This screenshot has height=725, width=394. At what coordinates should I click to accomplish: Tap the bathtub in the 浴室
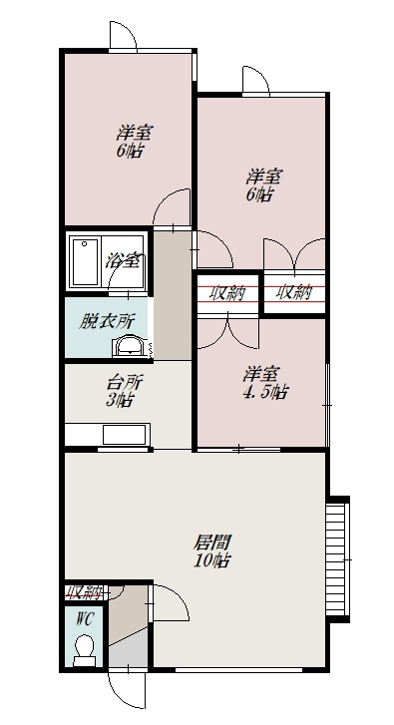tap(84, 261)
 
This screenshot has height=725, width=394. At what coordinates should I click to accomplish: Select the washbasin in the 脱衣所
tap(129, 346)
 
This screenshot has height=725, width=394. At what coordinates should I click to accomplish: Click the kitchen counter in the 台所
tap(108, 435)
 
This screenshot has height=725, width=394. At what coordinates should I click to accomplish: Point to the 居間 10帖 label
tap(211, 550)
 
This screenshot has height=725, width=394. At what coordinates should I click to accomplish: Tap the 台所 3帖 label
tap(120, 391)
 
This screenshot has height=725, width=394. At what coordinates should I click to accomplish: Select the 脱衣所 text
tap(107, 321)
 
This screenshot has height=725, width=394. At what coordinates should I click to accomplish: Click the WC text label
tap(85, 618)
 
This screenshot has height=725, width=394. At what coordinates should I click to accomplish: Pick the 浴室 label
tap(123, 260)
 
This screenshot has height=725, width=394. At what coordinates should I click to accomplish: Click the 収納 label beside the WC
tap(84, 591)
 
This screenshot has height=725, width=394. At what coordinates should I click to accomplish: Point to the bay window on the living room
tap(337, 559)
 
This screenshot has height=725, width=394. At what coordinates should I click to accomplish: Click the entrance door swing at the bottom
tap(126, 689)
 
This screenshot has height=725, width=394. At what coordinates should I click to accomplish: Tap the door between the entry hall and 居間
tap(170, 602)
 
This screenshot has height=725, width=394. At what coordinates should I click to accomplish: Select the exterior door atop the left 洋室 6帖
tap(123, 35)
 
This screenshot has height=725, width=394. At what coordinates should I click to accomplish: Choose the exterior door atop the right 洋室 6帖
tap(255, 80)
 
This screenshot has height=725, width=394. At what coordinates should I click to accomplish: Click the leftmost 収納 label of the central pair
tap(226, 293)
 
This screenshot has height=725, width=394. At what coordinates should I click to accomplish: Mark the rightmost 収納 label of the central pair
tap(294, 292)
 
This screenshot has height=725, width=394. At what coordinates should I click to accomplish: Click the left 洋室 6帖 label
tap(134, 142)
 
